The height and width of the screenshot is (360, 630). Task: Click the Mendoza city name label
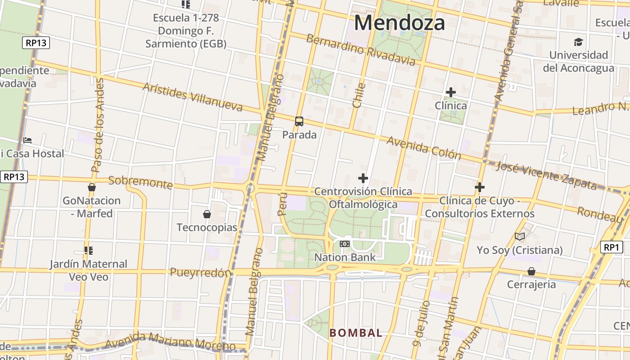(x=400, y=22)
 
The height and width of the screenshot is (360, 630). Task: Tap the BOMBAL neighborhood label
(x=356, y=333)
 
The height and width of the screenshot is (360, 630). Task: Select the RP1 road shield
(x=612, y=247)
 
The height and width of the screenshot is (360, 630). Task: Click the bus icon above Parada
(x=299, y=121)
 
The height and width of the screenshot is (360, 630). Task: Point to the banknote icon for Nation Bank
(x=345, y=244)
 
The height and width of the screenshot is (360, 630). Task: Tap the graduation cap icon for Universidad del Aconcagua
(x=578, y=42)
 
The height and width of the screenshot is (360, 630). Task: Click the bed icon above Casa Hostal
(x=27, y=140)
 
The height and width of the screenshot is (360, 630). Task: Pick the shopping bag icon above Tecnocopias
(x=207, y=214)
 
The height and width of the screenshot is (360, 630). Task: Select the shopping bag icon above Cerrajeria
(x=531, y=271)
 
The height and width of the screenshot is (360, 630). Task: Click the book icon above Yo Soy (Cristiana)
(x=520, y=236)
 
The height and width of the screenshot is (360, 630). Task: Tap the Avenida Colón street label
(x=424, y=148)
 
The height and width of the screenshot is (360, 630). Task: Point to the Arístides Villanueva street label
(x=193, y=97)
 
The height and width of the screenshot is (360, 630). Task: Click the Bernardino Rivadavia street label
(x=360, y=49)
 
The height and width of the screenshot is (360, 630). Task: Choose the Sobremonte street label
(x=140, y=182)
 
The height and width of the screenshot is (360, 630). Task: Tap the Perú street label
(x=282, y=205)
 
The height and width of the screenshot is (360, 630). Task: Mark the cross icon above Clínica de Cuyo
(x=480, y=187)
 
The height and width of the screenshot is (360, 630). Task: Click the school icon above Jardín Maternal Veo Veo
(x=88, y=250)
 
